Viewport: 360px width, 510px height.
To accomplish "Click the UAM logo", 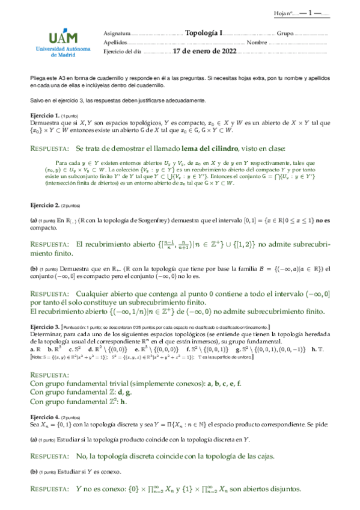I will (55, 35).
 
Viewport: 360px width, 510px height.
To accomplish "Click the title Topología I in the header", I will (204, 34).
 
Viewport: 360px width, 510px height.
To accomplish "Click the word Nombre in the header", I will (257, 43).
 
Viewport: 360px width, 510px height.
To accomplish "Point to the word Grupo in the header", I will (284, 34).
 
